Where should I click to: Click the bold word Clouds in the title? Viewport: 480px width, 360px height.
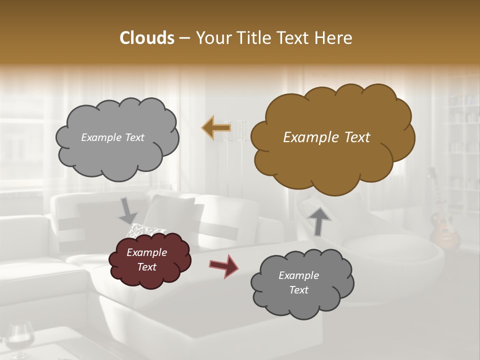[146, 38]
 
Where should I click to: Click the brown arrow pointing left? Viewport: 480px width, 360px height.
[216, 128]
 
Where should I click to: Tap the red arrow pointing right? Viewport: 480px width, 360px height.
[223, 266]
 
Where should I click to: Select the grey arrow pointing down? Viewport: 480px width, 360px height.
[128, 210]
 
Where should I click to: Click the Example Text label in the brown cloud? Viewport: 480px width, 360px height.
[326, 137]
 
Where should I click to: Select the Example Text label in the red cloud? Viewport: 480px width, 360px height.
[146, 260]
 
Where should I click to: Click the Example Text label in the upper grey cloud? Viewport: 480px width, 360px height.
[112, 137]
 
